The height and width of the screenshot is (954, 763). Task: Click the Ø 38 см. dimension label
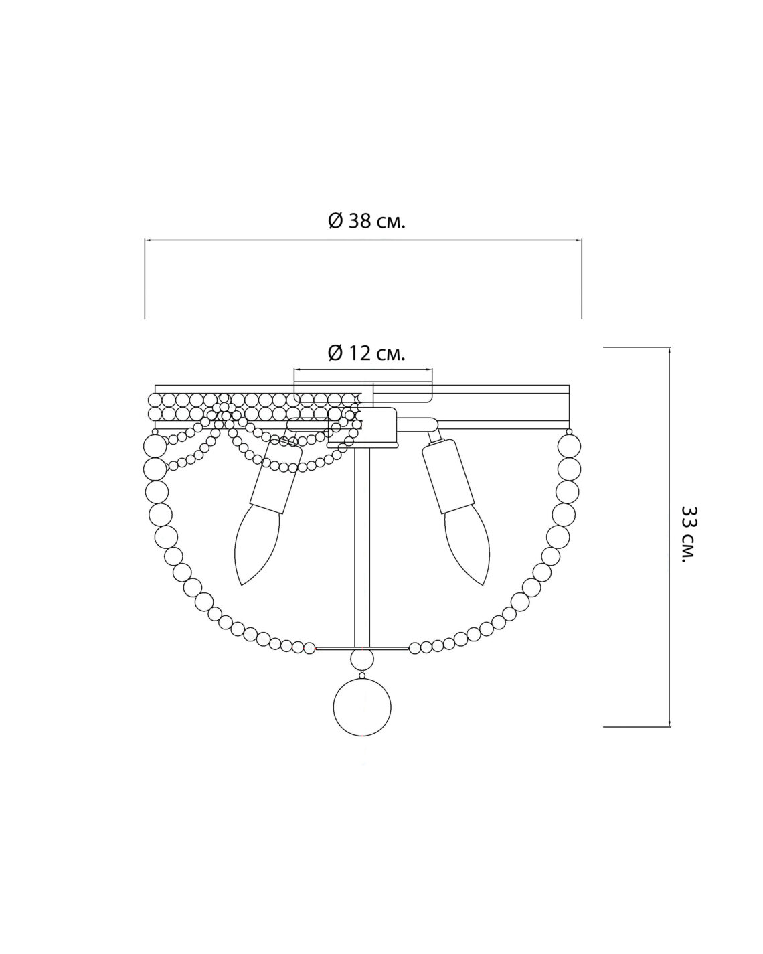coord(367,220)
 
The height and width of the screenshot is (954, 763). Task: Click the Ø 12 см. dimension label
coord(366,353)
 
